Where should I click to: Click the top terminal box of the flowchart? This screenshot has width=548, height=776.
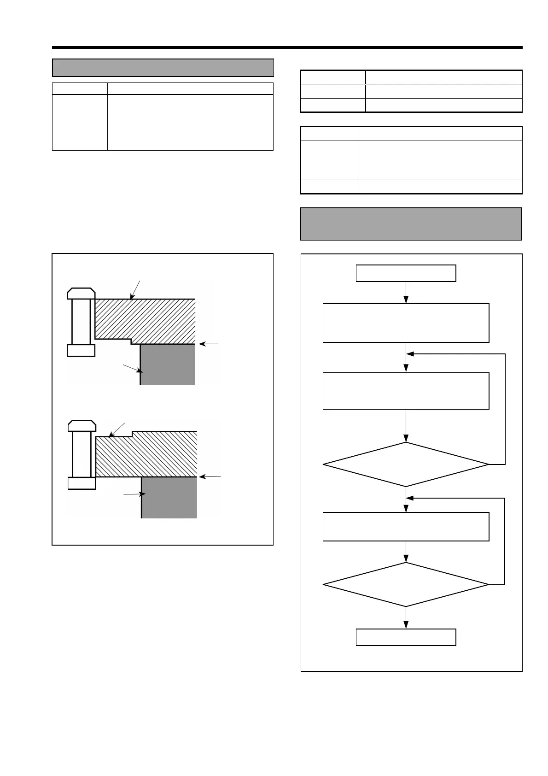click(x=406, y=273)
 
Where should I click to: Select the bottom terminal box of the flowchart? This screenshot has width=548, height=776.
click(x=406, y=637)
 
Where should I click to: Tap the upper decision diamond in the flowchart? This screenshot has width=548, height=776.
click(x=406, y=464)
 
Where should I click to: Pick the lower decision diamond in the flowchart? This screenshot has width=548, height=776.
click(x=406, y=585)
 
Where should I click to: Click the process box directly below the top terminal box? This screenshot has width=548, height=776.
click(x=406, y=323)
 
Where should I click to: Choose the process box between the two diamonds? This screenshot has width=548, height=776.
click(x=406, y=527)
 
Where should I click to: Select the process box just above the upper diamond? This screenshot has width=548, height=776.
click(x=406, y=391)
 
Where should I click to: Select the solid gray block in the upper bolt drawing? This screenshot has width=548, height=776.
click(x=168, y=364)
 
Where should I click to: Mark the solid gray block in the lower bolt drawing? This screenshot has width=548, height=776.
click(x=169, y=498)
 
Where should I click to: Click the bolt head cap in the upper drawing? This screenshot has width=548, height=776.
click(x=82, y=293)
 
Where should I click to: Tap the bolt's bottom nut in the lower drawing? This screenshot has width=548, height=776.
click(x=82, y=483)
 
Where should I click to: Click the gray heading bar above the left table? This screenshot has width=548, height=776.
click(x=163, y=68)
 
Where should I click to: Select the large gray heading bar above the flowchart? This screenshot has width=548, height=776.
click(x=411, y=224)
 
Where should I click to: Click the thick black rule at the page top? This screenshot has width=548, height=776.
click(x=287, y=47)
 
